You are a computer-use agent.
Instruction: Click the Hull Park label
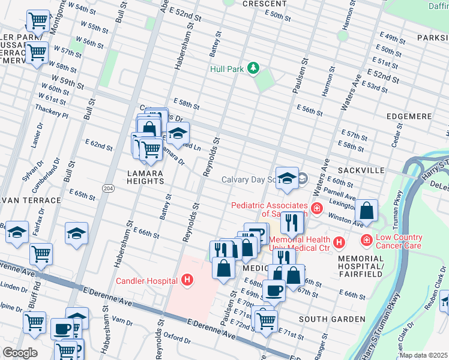227,69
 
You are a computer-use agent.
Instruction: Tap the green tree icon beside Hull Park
254,68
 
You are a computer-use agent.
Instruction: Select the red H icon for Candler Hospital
188,280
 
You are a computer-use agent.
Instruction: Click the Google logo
20,353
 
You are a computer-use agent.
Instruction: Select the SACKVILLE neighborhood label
362,171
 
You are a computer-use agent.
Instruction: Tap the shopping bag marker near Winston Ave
366,211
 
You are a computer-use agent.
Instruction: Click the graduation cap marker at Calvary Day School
288,178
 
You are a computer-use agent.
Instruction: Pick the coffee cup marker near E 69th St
274,290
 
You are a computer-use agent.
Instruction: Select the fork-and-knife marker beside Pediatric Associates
292,223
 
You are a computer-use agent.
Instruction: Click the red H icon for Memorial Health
339,242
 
